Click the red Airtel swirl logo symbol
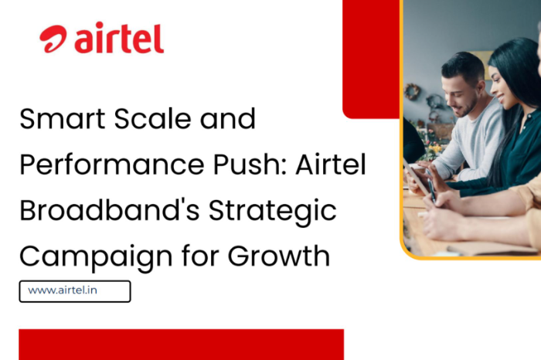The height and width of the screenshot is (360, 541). pyautogui.click(x=53, y=39)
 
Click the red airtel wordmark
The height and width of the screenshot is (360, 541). pyautogui.click(x=119, y=38)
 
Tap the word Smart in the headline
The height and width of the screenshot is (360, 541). pyautogui.click(x=62, y=119)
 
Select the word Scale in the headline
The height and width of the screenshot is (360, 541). pyautogui.click(x=152, y=119)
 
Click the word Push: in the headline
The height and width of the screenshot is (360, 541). pyautogui.click(x=250, y=165)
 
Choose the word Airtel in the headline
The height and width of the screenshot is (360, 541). pyautogui.click(x=331, y=164)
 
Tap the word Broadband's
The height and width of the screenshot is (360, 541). pyautogui.click(x=110, y=210)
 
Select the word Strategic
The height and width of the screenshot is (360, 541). pyautogui.click(x=273, y=211)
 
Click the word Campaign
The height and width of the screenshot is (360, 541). pyautogui.click(x=96, y=257)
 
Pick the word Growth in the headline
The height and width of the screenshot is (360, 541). pyautogui.click(x=279, y=256)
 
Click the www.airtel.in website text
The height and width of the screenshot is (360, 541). pyautogui.click(x=63, y=290)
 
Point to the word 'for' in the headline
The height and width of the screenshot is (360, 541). pyautogui.click(x=200, y=256)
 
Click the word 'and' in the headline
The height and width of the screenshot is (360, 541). pyautogui.click(x=228, y=119)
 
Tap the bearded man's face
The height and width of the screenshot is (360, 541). pyautogui.click(x=460, y=97)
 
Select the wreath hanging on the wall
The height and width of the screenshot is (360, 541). pyautogui.click(x=412, y=92)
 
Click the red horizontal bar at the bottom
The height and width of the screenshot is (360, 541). pyautogui.click(x=181, y=345)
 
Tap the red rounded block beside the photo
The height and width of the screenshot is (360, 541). pyautogui.click(x=371, y=59)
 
